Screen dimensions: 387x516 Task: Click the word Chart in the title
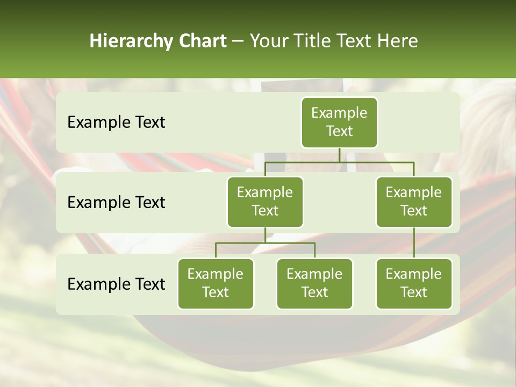point(203,41)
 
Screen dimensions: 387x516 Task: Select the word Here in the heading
point(397,41)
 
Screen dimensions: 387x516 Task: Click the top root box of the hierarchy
point(339,122)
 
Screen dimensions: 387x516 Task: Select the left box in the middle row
point(265,202)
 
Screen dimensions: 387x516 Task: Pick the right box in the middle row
point(414,202)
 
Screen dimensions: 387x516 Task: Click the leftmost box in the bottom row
point(216,283)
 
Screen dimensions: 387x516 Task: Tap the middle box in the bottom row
point(314,283)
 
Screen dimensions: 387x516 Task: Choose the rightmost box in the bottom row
point(414,283)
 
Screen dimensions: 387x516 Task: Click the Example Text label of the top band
point(116,123)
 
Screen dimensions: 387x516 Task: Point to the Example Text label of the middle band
point(116,203)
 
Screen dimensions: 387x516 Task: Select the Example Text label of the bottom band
point(116,284)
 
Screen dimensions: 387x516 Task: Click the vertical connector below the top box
point(339,155)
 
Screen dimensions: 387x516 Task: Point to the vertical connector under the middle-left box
point(265,235)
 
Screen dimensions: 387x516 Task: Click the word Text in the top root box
point(339,131)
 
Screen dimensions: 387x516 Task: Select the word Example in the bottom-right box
point(414,274)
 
